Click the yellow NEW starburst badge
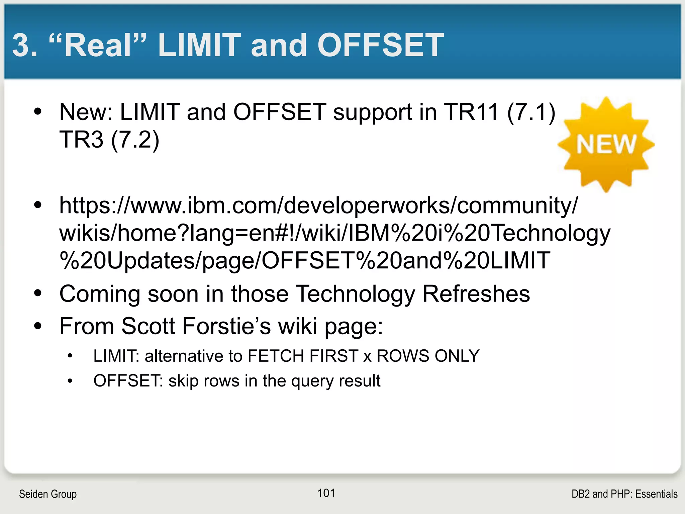pyautogui.click(x=606, y=145)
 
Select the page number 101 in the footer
pyautogui.click(x=326, y=493)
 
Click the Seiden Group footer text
pyautogui.click(x=48, y=494)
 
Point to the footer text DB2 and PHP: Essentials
pyautogui.click(x=624, y=494)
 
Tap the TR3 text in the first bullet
pyautogui.click(x=81, y=139)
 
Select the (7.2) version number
pyautogui.click(x=135, y=140)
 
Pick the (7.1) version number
pyautogui.click(x=531, y=112)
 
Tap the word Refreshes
pyautogui.click(x=476, y=294)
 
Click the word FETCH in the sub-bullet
pyautogui.click(x=276, y=356)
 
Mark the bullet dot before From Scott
pyautogui.click(x=38, y=326)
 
